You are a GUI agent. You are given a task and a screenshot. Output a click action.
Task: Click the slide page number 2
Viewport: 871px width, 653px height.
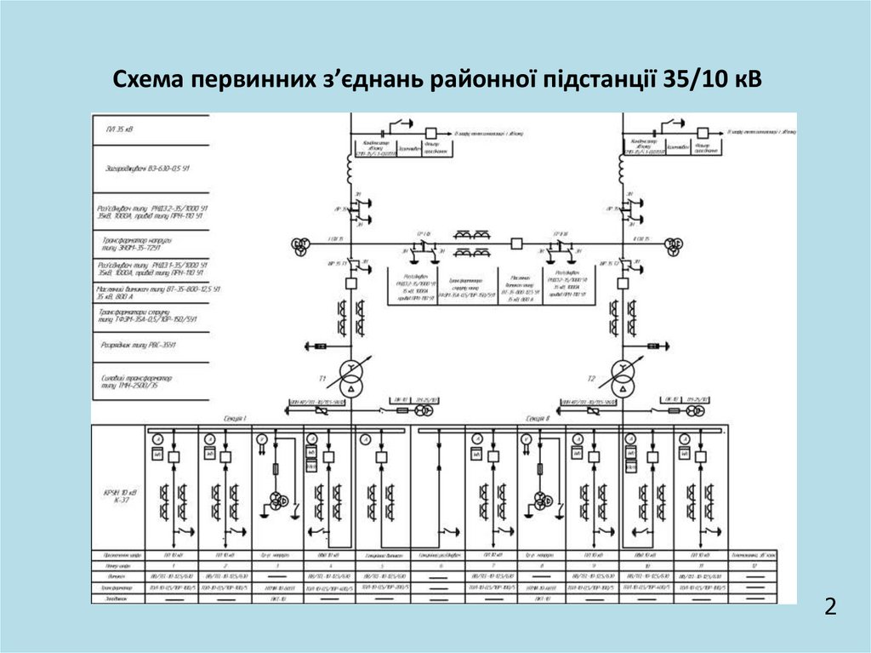(x=830, y=607)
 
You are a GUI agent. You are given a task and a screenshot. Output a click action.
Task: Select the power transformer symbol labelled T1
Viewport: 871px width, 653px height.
(x=349, y=376)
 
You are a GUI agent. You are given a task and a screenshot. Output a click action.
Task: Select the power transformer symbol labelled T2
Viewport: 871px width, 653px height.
(x=623, y=376)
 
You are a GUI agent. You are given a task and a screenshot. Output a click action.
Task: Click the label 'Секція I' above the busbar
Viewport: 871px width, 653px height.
(x=234, y=418)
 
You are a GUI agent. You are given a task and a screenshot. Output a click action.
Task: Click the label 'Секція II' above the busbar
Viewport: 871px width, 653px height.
(x=538, y=418)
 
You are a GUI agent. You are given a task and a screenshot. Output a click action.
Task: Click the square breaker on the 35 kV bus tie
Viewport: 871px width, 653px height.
(x=516, y=243)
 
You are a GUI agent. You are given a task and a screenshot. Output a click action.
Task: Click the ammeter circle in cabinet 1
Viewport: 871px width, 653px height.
(x=157, y=438)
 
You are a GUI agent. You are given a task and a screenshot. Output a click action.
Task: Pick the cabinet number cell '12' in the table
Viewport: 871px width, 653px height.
(x=756, y=565)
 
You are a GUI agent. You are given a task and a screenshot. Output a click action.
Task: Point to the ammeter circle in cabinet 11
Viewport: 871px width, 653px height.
(x=684, y=438)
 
